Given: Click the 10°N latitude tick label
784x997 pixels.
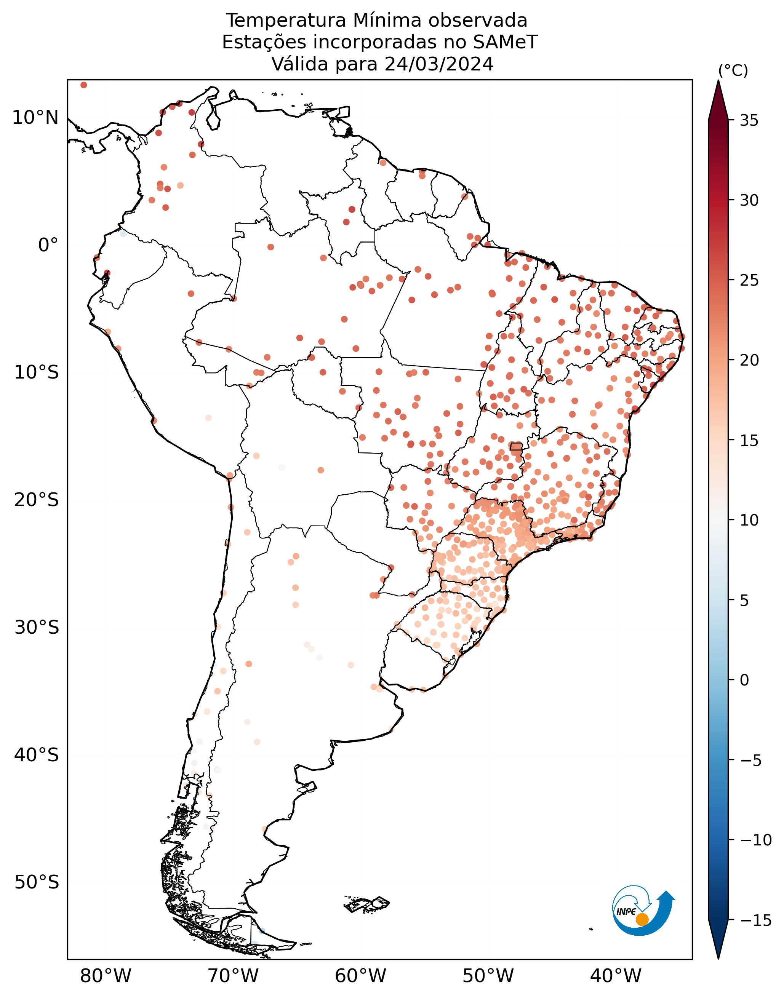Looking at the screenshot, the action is (35, 118).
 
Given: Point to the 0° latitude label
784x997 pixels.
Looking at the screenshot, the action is (48, 246).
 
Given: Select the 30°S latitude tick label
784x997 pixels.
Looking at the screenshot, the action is (37, 627).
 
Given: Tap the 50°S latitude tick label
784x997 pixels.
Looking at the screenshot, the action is (37, 882).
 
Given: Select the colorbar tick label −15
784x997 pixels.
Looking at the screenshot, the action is (756, 920).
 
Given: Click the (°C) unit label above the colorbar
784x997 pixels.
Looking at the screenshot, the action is (733, 71).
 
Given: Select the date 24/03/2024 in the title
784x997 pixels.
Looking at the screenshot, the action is (439, 64).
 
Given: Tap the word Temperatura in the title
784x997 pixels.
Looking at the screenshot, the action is (286, 21).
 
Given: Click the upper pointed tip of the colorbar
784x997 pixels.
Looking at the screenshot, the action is (718, 81).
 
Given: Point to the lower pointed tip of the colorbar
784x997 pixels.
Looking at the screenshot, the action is (718, 958).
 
